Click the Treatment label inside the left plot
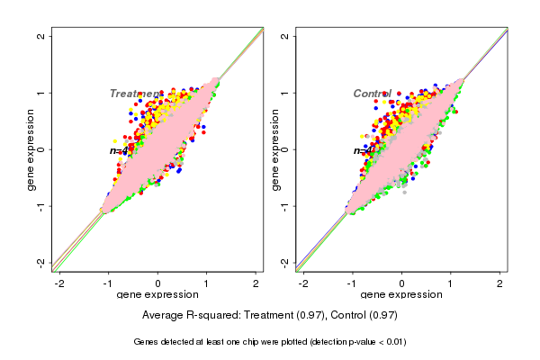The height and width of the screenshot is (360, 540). (135, 94)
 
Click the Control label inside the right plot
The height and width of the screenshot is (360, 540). (373, 94)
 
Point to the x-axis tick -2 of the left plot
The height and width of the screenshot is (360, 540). (60, 283)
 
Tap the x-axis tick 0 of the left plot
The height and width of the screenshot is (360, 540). (158, 283)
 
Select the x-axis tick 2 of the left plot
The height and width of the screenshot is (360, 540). (256, 283)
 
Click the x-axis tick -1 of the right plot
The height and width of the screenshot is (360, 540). (353, 283)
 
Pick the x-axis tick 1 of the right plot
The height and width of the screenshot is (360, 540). (451, 283)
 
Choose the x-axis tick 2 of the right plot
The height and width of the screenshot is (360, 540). (500, 283)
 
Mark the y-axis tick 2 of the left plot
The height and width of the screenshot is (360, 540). (41, 36)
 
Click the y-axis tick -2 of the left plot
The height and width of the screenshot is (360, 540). (41, 262)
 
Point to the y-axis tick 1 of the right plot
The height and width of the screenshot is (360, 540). (285, 93)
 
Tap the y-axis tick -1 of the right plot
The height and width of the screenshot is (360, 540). (285, 205)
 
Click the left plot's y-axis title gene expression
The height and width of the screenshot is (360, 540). (31, 149)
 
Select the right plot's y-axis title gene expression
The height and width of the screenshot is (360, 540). (274, 149)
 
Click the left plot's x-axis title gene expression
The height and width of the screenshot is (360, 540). (157, 295)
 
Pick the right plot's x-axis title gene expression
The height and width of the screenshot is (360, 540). (401, 295)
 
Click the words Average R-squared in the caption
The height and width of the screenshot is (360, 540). (188, 316)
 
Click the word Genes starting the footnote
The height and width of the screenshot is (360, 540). (147, 342)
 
